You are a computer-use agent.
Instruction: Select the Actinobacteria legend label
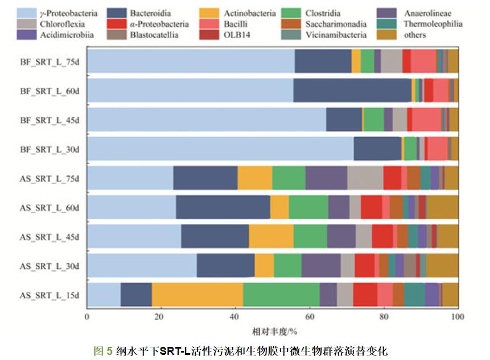tap(249, 13)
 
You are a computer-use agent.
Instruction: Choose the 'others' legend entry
tap(414, 35)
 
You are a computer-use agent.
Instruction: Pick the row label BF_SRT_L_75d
tap(50, 62)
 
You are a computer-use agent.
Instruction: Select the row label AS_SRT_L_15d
tap(50, 295)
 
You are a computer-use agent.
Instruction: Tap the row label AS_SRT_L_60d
tap(50, 207)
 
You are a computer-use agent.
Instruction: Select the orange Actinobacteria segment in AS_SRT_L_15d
tap(197, 295)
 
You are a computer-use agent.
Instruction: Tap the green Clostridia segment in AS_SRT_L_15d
tap(281, 295)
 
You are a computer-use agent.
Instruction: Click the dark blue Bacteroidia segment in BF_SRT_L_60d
tap(352, 90)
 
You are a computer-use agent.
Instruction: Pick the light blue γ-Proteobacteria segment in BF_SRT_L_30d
tap(220, 149)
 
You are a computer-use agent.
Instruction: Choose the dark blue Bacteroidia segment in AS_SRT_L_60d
tap(223, 207)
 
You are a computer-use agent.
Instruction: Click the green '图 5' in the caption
tap(103, 350)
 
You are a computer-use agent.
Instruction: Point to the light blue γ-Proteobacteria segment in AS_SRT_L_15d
tap(104, 295)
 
